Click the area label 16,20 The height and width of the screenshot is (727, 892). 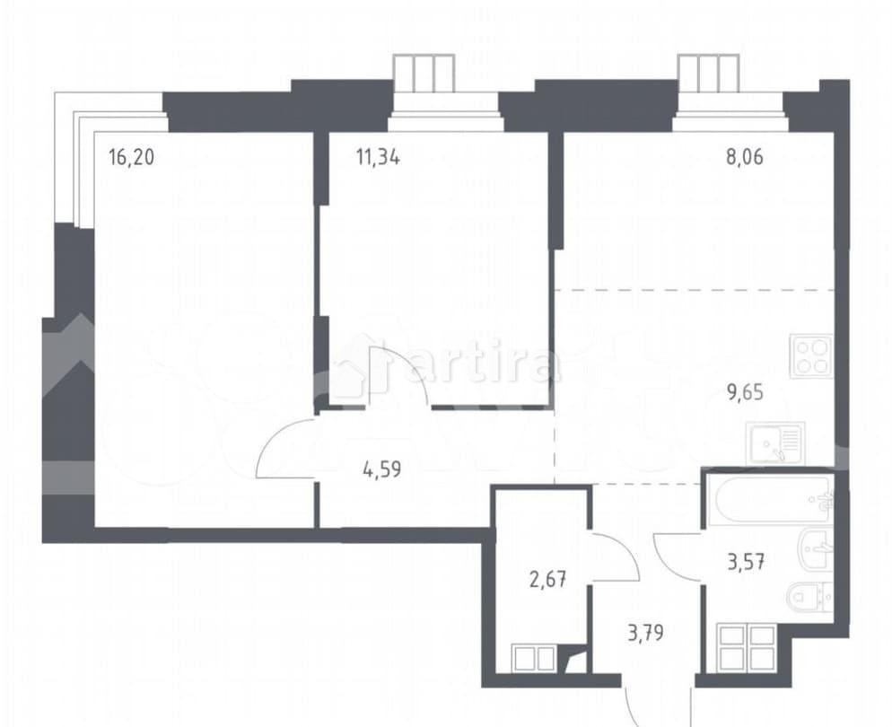[x=131, y=157]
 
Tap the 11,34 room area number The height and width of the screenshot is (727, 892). [x=378, y=157]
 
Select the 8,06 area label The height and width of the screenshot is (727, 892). [x=744, y=157]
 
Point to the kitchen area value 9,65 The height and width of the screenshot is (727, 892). [x=744, y=392]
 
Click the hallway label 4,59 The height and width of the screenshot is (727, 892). [x=382, y=470]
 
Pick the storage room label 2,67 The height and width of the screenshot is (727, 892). [x=547, y=580]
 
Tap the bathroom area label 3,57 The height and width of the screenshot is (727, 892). [x=744, y=563]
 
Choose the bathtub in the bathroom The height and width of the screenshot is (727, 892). [x=773, y=501]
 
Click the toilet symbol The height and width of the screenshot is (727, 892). [x=810, y=597]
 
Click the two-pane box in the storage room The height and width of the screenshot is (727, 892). [x=534, y=658]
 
